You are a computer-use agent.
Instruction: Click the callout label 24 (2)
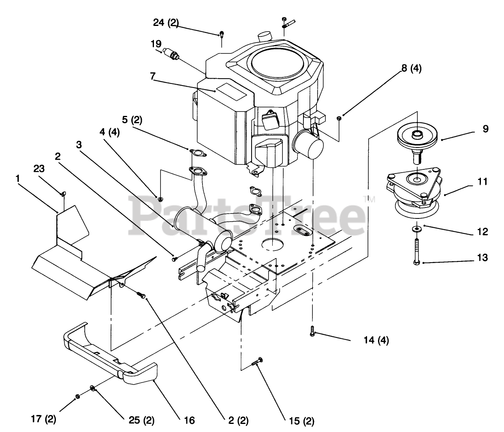(x=166, y=23)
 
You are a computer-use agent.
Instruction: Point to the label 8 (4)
(x=411, y=69)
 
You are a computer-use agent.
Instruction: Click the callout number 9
(x=485, y=129)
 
